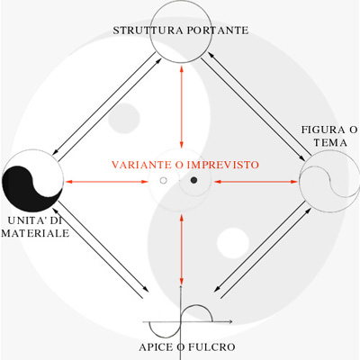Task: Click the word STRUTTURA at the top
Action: click(x=148, y=31)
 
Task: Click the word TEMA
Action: click(x=330, y=142)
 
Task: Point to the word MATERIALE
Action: click(x=35, y=233)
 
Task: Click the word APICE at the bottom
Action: click(x=156, y=347)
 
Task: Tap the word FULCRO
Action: click(x=211, y=347)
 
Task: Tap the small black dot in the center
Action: click(x=193, y=180)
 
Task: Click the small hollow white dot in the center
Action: click(x=163, y=180)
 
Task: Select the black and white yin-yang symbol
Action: click(x=32, y=181)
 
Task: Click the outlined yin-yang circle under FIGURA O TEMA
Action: click(x=329, y=182)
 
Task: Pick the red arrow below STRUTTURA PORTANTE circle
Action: click(x=181, y=106)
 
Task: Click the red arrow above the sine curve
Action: click(x=181, y=249)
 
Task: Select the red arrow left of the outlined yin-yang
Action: click(x=256, y=182)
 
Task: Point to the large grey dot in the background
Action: click(x=124, y=118)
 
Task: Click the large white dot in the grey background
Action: click(x=233, y=243)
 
